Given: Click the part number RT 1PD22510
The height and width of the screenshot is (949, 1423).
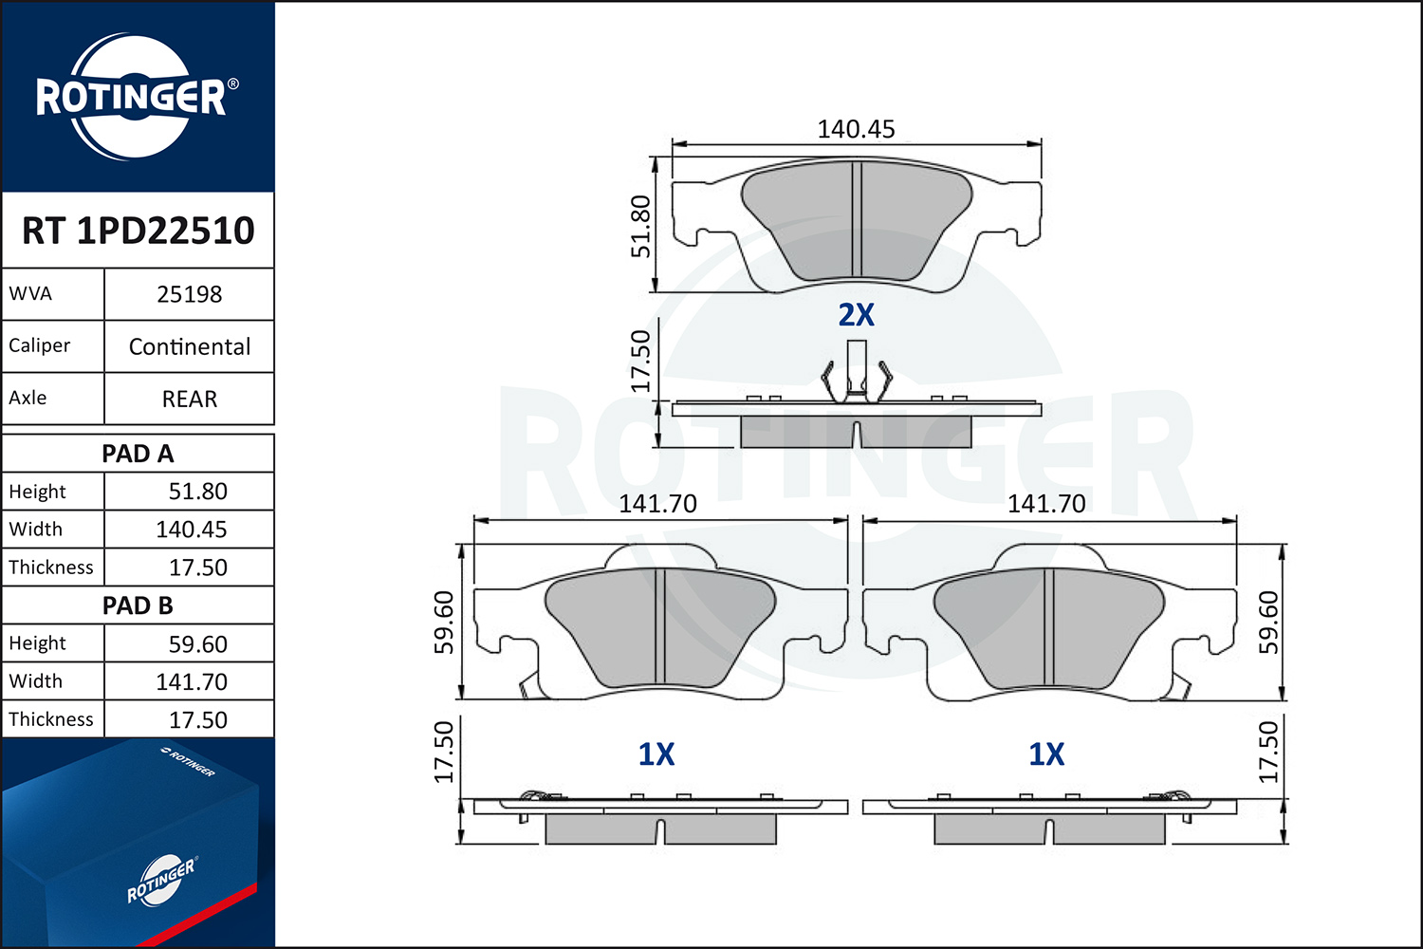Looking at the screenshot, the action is pyautogui.click(x=138, y=230).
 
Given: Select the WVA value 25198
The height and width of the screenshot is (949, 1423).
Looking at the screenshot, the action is pyautogui.click(x=190, y=294).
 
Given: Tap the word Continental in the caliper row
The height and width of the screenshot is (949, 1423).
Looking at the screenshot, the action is pyautogui.click(x=190, y=346).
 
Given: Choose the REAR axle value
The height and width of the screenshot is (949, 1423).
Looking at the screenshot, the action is pyautogui.click(x=190, y=400).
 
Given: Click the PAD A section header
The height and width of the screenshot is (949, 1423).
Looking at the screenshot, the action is pyautogui.click(x=138, y=454).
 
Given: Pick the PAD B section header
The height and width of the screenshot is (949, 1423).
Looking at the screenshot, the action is pyautogui.click(x=138, y=605).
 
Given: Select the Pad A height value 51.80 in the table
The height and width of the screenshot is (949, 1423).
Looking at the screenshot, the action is pyautogui.click(x=197, y=492).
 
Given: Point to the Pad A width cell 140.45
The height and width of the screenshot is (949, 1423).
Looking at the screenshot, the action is pyautogui.click(x=192, y=530).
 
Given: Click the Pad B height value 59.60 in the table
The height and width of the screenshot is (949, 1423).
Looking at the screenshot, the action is pyautogui.click(x=197, y=643).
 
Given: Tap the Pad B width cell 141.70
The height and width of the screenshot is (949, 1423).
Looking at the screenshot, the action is pyautogui.click(x=192, y=682).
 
